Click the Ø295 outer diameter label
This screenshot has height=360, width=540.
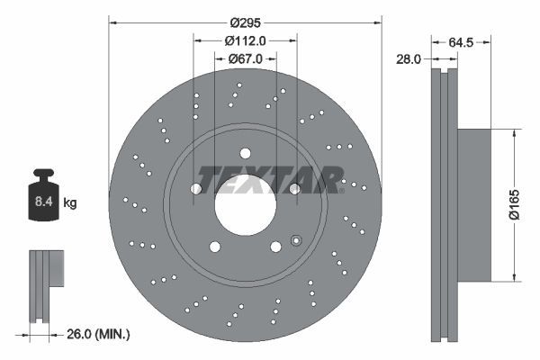(x=245, y=21)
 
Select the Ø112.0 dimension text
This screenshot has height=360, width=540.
(x=245, y=40)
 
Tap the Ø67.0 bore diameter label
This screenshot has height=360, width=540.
(x=245, y=59)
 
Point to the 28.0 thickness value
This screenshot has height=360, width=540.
(x=409, y=59)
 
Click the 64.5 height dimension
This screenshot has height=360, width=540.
(x=461, y=40)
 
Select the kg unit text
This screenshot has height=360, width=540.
(x=70, y=204)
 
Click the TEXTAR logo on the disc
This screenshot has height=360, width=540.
(x=269, y=179)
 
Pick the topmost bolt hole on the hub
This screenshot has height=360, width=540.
(x=246, y=153)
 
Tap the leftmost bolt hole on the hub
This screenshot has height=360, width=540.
(x=196, y=188)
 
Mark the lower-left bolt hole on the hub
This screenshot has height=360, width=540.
(x=214, y=247)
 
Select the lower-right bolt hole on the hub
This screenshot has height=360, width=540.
(x=275, y=247)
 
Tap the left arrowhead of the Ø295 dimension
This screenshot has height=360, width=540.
(x=112, y=21)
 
